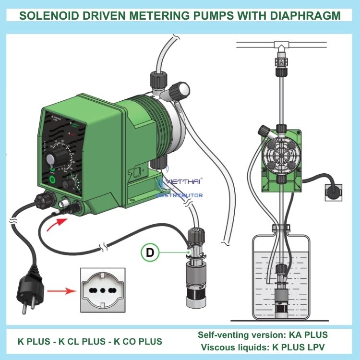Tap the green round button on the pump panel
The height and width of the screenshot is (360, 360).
52,180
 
